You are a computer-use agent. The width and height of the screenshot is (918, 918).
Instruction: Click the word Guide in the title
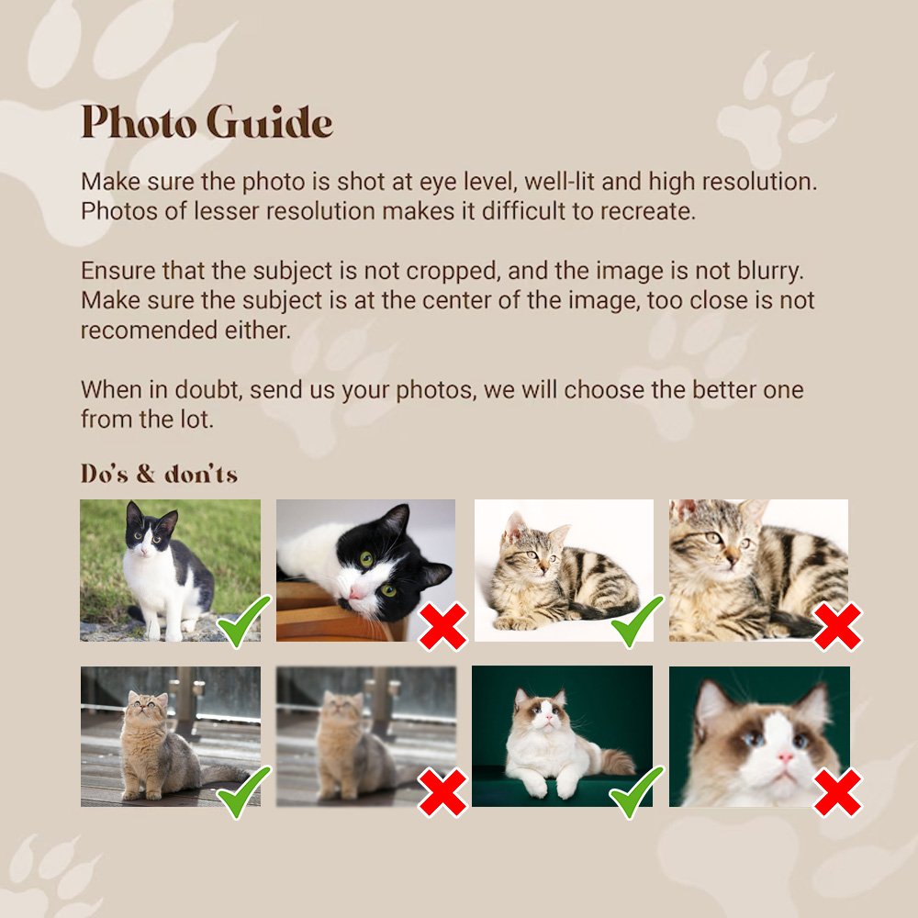pyautogui.click(x=270, y=122)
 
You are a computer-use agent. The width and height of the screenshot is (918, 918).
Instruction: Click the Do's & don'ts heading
pyautogui.click(x=159, y=474)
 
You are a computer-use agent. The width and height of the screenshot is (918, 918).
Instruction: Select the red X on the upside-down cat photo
pyautogui.click(x=443, y=626)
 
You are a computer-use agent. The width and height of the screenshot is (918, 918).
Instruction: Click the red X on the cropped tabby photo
pyautogui.click(x=838, y=626)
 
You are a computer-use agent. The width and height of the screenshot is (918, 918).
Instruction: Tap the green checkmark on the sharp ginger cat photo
pyautogui.click(x=244, y=791)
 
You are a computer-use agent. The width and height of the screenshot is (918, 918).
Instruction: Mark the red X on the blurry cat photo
pyautogui.click(x=443, y=793)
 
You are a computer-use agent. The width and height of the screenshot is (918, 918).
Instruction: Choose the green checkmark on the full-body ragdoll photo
pyautogui.click(x=636, y=791)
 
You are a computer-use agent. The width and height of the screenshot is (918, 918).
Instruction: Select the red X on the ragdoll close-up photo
pyautogui.click(x=838, y=793)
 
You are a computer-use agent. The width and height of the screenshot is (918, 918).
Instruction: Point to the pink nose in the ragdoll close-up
pyautogui.click(x=785, y=758)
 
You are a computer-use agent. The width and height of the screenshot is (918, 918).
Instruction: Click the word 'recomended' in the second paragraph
pyautogui.click(x=150, y=330)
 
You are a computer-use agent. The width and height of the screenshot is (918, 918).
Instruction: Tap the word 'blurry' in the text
pyautogui.click(x=770, y=272)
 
